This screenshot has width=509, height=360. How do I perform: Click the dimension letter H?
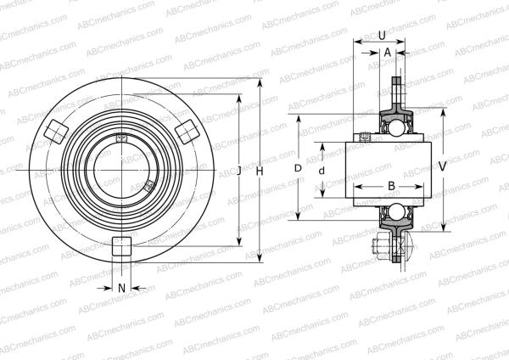tap(260, 172)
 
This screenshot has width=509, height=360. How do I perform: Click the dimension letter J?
tap(239, 172)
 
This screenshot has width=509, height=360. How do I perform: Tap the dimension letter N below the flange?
tap(121, 288)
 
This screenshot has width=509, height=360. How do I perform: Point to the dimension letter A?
tap(388, 51)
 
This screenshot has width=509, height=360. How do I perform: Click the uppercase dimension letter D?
tap(298, 169)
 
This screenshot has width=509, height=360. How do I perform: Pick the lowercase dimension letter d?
tap(321, 171)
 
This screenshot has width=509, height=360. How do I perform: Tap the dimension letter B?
tap(391, 186)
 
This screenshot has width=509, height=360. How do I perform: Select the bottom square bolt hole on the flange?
tap(121, 246)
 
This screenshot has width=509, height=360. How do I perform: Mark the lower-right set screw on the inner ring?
tap(148, 185)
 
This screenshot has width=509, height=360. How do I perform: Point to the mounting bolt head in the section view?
tap(378, 248)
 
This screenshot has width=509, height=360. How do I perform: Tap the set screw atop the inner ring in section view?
tap(366, 137)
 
